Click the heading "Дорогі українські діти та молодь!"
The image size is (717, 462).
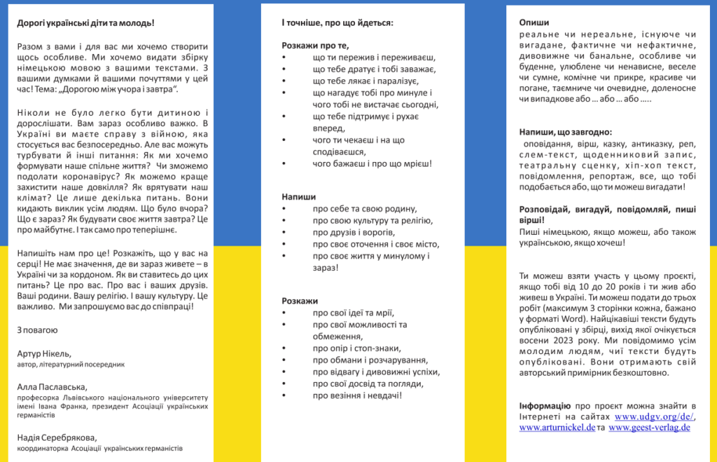pos(86,22)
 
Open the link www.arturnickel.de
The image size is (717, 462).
pos(557,427)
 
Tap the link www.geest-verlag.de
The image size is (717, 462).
pos(649,427)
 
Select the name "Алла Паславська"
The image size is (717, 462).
pos(52,386)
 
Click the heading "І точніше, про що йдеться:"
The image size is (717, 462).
pos(337,22)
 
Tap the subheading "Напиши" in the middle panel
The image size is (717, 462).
pos(298,197)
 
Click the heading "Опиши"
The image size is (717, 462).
pos(534,22)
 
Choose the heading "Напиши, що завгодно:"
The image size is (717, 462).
pos(565,132)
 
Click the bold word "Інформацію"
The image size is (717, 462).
pos(545,406)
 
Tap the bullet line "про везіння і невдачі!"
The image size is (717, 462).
pos(357,395)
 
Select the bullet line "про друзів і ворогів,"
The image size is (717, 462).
pos(354,232)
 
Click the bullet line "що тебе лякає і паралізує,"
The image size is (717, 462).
pos(365,81)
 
